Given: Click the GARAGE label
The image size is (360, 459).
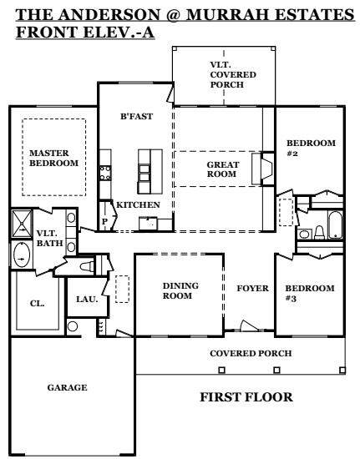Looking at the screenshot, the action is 67,387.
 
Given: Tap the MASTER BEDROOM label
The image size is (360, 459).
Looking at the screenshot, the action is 54,158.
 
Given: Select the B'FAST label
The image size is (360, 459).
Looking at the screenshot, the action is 136,116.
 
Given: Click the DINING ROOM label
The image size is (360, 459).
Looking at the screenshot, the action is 180,290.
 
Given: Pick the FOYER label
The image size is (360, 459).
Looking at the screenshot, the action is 252,289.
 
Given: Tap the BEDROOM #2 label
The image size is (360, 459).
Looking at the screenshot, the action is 311,148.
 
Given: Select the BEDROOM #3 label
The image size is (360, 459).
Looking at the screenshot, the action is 310,293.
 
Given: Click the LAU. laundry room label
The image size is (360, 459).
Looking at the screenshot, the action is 87,299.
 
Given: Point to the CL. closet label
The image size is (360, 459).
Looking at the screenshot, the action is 38,304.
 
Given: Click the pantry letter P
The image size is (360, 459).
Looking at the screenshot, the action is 104,221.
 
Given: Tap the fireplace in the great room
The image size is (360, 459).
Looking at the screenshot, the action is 263,169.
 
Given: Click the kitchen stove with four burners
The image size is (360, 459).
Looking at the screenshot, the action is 105,173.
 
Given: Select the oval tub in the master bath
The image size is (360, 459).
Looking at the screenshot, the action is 22,255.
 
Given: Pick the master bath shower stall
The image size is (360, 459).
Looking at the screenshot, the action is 22,224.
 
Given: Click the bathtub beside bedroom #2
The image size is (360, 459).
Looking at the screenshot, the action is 335,224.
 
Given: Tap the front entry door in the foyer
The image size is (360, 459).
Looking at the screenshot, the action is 248,326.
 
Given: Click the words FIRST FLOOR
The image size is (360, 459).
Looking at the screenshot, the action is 246,397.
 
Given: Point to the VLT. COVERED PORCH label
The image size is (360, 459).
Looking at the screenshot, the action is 233,74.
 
